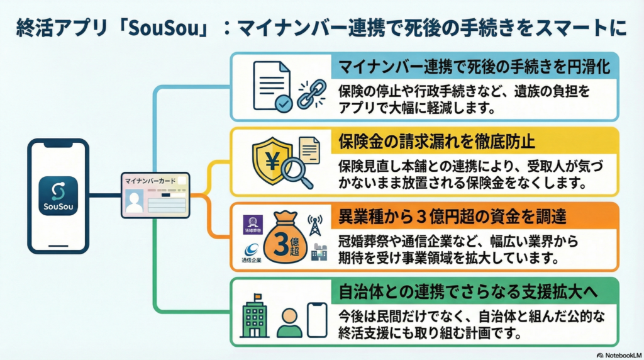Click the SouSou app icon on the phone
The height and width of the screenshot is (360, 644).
[58, 195]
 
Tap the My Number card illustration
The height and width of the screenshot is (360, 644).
[155, 195]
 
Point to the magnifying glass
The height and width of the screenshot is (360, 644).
[296, 170]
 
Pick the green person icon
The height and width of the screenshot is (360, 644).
[289, 322]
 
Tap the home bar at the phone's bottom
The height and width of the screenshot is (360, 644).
[58, 244]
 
